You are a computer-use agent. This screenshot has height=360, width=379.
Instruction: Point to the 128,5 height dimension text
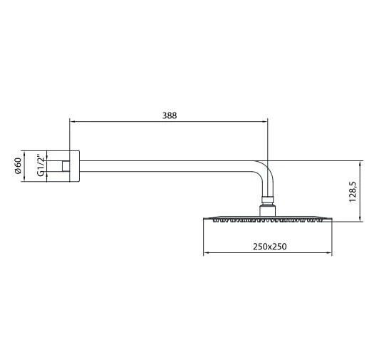point(351,190)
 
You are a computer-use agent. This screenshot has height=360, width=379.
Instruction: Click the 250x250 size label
point(269,246)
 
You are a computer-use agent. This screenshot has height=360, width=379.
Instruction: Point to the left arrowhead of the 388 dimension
point(71,121)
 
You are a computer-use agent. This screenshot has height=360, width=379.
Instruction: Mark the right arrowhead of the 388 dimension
point(265,121)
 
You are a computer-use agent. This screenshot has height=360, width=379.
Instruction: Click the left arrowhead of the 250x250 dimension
point(207,253)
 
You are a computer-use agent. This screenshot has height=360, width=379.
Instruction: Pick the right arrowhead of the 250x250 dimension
point(331,253)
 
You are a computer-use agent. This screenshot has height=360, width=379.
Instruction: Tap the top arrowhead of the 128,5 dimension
point(357,162)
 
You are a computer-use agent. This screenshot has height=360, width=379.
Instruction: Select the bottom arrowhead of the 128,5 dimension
point(357,219)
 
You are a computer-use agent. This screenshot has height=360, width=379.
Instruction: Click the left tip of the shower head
point(205,219)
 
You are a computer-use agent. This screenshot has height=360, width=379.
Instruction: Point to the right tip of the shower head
point(332,219)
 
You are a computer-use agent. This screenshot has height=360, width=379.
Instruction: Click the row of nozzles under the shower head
point(269,222)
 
